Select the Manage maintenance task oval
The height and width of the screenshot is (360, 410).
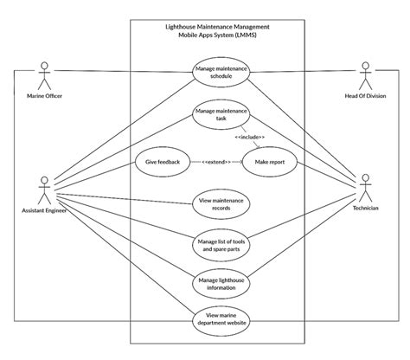pos(221,116)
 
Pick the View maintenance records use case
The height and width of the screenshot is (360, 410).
pos(221,204)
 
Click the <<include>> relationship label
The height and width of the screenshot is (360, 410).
pos(249,136)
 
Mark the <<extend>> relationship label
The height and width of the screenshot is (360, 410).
pos(212,163)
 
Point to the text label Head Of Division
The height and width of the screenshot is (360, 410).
pos(365,96)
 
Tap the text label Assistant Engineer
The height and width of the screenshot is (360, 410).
pos(44,209)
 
